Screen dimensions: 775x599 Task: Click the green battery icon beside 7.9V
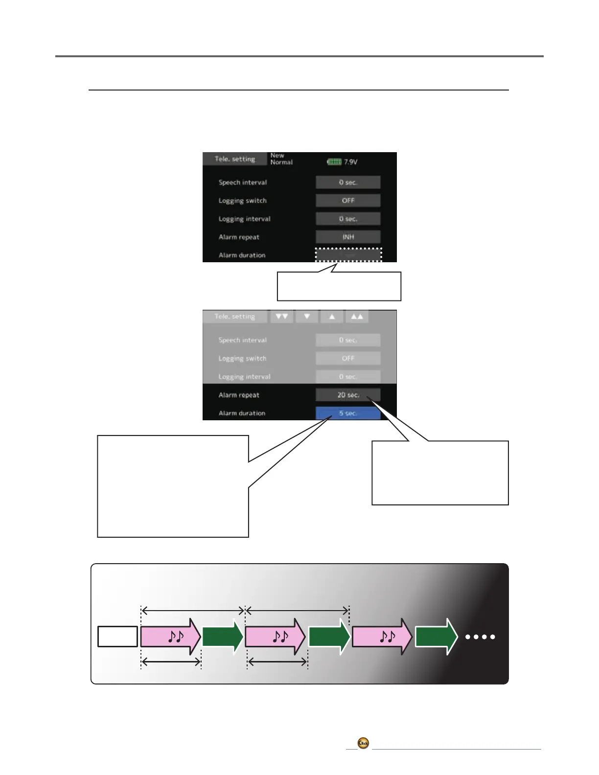pos(334,161)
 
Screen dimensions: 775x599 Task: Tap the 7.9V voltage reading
pos(350,162)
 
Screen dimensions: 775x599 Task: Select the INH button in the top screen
pos(348,237)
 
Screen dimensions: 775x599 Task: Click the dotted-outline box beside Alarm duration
pos(348,255)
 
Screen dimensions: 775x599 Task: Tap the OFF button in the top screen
pos(348,201)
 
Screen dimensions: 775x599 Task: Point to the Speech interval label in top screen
pos(243,182)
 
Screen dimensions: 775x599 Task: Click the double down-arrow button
pos(281,317)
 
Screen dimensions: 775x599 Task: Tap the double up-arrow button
pos(357,317)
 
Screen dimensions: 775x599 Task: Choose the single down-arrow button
pos(307,317)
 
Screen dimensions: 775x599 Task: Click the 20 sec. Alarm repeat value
pos(348,395)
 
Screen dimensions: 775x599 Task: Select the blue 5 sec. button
pos(348,413)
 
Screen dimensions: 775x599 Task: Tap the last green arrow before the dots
pos(436,637)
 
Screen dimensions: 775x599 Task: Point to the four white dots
pos(481,637)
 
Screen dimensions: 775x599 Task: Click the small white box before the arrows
pos(117,637)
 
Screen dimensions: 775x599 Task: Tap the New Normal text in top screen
pos(281,159)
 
